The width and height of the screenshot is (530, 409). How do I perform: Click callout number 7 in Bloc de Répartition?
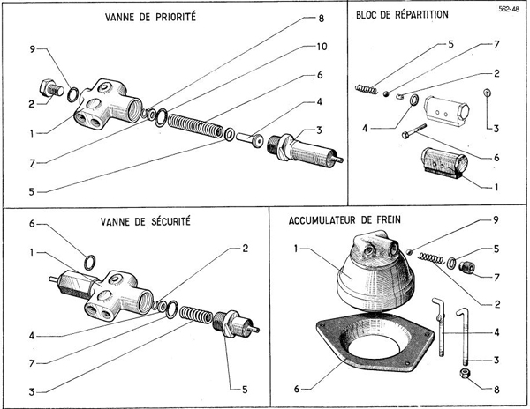point(496,42)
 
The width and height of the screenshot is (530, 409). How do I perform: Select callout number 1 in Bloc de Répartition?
point(496,186)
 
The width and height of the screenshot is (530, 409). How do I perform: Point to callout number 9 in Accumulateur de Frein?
point(496,219)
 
